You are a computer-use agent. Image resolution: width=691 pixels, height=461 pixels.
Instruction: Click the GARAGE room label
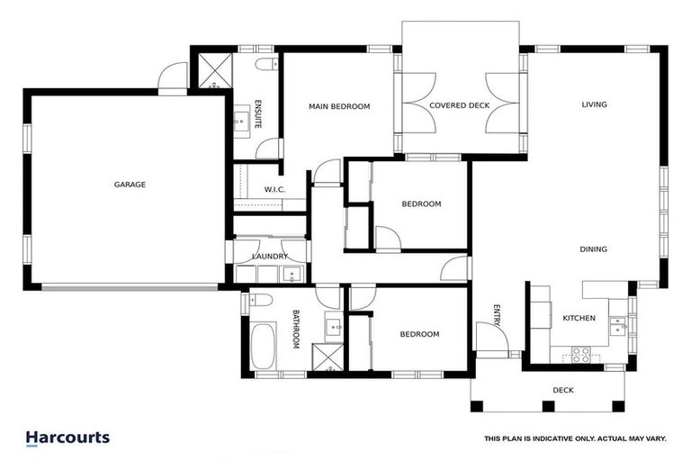(x=130, y=185)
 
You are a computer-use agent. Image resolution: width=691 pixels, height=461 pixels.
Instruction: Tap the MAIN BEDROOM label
(x=339, y=106)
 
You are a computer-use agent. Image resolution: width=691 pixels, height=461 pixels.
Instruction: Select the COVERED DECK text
(x=459, y=105)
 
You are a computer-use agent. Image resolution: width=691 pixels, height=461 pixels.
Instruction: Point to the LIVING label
(x=594, y=104)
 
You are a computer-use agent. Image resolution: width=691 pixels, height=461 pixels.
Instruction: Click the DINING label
(x=593, y=249)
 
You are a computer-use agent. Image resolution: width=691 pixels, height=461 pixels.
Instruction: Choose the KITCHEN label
(x=579, y=319)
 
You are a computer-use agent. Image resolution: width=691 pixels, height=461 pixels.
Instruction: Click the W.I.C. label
(x=274, y=189)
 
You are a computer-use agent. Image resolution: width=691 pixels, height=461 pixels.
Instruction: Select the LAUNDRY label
(x=270, y=257)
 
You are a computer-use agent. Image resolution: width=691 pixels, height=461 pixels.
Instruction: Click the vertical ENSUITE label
(x=258, y=113)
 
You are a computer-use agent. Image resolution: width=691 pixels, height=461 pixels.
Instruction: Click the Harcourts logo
(x=67, y=438)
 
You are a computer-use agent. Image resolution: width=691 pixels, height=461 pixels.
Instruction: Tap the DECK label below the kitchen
(x=562, y=390)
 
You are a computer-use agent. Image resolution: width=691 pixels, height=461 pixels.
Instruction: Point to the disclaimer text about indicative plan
(x=574, y=438)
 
